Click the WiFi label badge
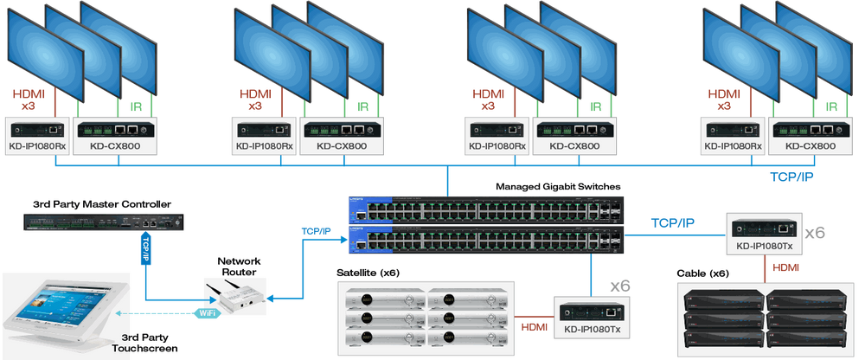[208, 313]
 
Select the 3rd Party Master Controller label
[102, 204]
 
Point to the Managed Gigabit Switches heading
[558, 187]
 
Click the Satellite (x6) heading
[368, 273]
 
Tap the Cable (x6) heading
[702, 273]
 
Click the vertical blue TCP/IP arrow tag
[145, 249]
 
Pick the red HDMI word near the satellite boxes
[534, 327]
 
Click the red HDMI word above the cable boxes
[785, 267]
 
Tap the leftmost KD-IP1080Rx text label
[36, 146]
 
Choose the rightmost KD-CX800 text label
[811, 146]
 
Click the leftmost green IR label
[136, 106]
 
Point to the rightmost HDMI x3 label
[724, 100]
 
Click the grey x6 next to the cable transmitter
[814, 233]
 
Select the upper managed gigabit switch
[486, 210]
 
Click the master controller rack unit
[103, 222]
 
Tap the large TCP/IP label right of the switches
[672, 223]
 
